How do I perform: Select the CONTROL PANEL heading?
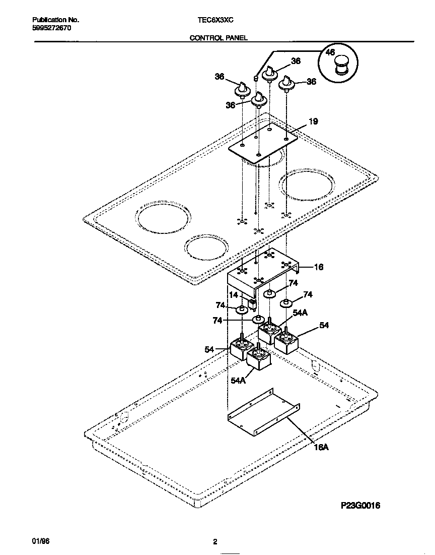218,38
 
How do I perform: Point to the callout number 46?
330,52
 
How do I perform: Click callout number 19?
313,121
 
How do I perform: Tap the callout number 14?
234,295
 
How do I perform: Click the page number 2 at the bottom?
215,542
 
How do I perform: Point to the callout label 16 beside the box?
318,267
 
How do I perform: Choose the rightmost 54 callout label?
324,326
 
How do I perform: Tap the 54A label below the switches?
238,381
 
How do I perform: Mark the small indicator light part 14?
252,304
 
